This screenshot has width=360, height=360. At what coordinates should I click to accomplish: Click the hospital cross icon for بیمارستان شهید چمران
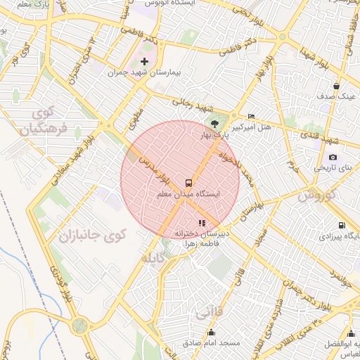tap(145, 62)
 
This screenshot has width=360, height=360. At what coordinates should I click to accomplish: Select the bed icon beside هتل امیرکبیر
tap(252, 116)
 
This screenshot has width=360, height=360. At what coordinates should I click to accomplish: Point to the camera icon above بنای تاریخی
tap(333, 157)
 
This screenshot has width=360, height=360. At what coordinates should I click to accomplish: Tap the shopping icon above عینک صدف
tap(337, 86)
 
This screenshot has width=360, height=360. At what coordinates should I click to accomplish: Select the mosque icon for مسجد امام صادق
tap(210, 332)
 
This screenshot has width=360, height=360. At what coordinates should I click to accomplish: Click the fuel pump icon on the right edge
tap(342, 226)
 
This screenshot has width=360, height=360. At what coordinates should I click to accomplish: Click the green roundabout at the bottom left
tap(79, 326)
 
